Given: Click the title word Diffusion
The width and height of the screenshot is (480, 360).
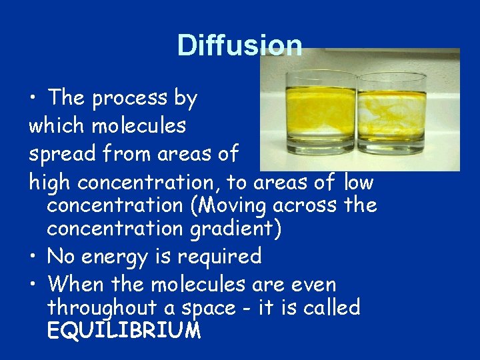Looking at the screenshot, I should tap(239, 45).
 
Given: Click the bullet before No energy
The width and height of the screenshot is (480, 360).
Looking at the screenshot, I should tap(33, 257).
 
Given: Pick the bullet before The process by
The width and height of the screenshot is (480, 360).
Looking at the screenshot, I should tap(33, 99).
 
